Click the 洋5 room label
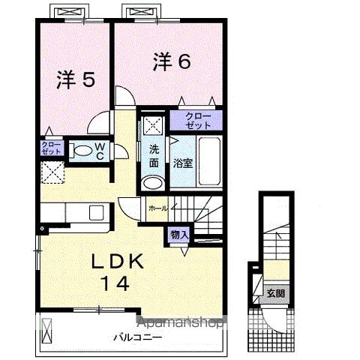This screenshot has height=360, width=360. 76,79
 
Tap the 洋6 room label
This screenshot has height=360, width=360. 172,61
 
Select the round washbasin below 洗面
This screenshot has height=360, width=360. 152,182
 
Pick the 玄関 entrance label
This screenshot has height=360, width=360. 274,292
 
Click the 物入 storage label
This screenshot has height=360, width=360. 178,235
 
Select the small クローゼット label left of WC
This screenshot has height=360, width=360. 52,148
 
